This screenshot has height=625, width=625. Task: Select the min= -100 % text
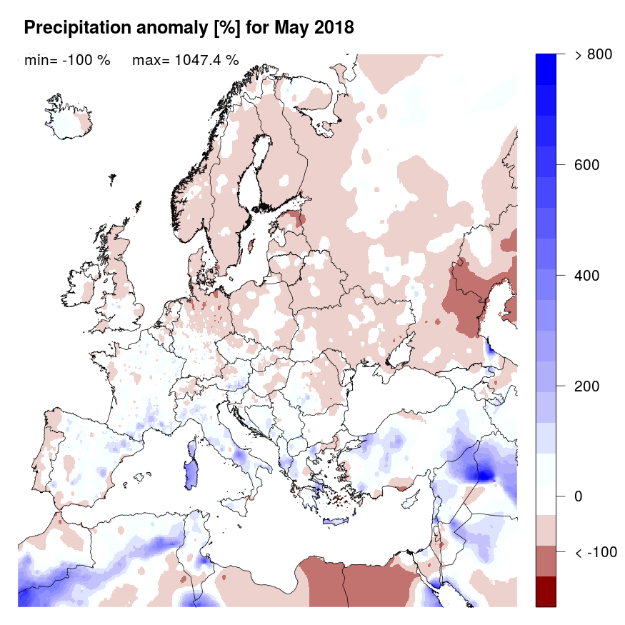67,61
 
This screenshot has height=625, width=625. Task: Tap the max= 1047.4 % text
185,61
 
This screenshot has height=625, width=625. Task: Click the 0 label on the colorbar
579,496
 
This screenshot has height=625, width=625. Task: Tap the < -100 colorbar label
596,552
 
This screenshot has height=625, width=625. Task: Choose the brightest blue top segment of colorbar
550,63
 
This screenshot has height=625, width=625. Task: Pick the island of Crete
335,521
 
